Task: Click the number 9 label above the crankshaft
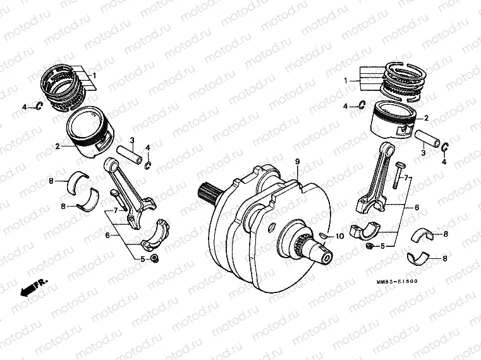[x=296, y=162]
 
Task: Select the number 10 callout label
[x=339, y=237]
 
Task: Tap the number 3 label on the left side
[x=132, y=140]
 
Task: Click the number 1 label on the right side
[x=346, y=81]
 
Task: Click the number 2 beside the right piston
[x=426, y=118]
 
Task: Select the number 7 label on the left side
[x=115, y=210]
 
